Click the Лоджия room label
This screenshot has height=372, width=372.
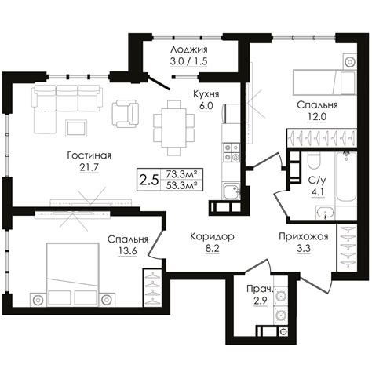tap(188, 49)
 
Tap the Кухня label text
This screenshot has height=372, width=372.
tap(206, 94)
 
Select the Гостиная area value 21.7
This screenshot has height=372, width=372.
tap(89, 167)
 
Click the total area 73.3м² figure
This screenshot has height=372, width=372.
tap(182, 173)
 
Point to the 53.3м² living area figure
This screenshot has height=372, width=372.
tap(182, 185)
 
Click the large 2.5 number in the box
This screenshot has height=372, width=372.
tap(149, 180)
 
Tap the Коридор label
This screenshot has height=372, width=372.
tap(212, 236)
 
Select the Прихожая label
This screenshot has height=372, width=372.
tap(304, 236)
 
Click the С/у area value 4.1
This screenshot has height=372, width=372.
tap(317, 192)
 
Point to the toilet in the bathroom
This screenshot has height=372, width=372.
tap(314, 161)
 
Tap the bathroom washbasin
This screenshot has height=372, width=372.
tap(325, 213)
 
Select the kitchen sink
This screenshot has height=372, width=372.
tap(232, 191)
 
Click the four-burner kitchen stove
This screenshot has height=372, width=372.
tap(232, 152)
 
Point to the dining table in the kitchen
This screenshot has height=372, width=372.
tap(174, 127)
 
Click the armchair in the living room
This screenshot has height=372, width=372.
tap(126, 114)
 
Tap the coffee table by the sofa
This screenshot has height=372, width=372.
tap(76, 128)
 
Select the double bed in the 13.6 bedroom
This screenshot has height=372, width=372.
tap(72, 274)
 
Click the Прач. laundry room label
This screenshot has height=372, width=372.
tap(260, 289)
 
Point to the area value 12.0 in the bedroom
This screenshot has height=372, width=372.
tap(317, 117)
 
